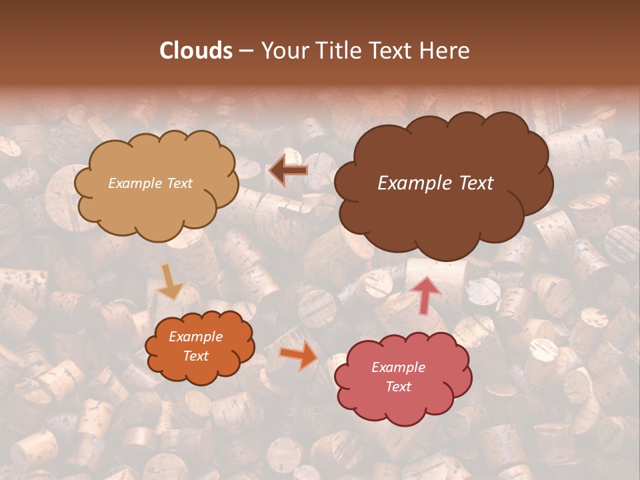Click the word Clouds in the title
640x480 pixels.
tap(196, 51)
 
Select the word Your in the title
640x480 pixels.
tap(285, 51)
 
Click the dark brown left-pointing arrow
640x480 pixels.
tap(288, 171)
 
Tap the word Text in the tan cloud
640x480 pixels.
tap(179, 183)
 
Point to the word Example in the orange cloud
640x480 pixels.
tap(196, 337)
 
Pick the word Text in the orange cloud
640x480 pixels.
tap(196, 356)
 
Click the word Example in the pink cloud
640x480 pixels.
tap(399, 367)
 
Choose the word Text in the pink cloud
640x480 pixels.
tap(399, 387)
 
